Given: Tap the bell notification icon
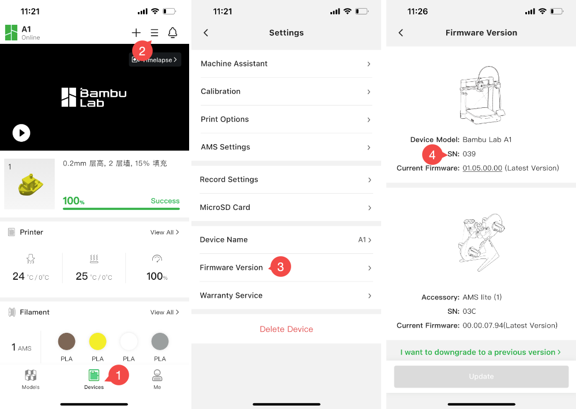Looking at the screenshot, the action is point(172,33).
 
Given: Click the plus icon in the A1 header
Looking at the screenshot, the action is point(136,33).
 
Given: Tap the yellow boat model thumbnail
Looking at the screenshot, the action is point(29,184).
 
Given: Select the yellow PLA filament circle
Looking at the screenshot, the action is point(97,342).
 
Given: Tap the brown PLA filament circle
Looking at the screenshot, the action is point(66,342).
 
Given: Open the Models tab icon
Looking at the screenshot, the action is point(31,375).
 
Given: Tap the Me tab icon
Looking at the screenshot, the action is point(157,375).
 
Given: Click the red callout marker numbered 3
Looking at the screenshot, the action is point(280,267).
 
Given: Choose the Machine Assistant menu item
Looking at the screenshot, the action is point(234,63).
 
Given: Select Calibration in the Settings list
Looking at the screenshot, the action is point(220,92).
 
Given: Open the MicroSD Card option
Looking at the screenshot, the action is point(225,207).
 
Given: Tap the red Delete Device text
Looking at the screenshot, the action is point(286,329).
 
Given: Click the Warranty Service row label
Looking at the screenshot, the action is point(231,295).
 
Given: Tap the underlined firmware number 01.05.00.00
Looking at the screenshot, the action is point(483,168).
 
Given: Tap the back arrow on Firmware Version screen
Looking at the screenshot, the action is point(401,33).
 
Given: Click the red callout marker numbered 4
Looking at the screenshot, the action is point(433,155).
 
